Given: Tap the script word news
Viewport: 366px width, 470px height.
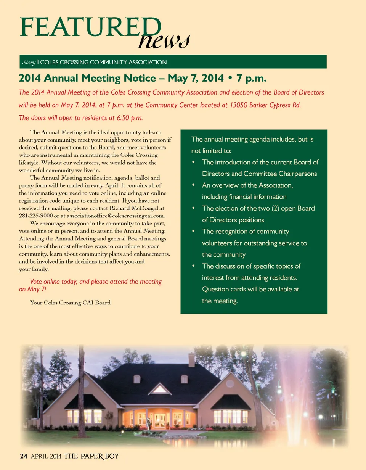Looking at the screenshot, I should pyautogui.click(x=164, y=40).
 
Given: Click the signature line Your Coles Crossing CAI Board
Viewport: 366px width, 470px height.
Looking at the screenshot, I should pyautogui.click(x=70, y=303).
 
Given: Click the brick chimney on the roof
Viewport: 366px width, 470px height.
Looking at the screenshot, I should pyautogui.click(x=192, y=360).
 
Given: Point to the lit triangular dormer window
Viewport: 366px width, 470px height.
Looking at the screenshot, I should pyautogui.click(x=160, y=390).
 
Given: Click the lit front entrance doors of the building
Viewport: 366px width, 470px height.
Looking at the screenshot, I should pyautogui.click(x=159, y=420).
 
